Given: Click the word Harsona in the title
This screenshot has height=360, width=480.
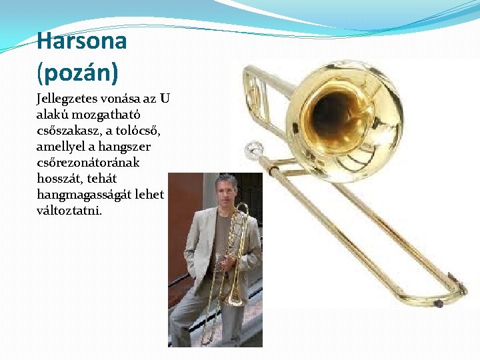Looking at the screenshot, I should click(x=81, y=41).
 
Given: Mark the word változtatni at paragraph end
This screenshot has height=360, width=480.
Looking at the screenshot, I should click(x=69, y=210).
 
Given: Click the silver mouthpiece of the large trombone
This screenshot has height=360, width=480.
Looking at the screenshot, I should click(x=253, y=149).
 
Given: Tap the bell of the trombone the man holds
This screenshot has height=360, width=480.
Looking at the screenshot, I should click(x=235, y=297).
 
